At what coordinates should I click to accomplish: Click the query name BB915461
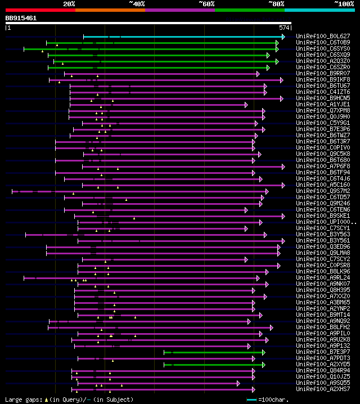tap(21, 18)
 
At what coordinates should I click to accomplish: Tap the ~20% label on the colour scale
tap(69, 4)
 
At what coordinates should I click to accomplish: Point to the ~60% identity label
tap(206, 4)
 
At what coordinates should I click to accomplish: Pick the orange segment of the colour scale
tap(110, 10)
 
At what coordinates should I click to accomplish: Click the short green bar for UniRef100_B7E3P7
tap(214, 352)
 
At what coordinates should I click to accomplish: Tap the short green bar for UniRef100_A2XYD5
tap(214, 365)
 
